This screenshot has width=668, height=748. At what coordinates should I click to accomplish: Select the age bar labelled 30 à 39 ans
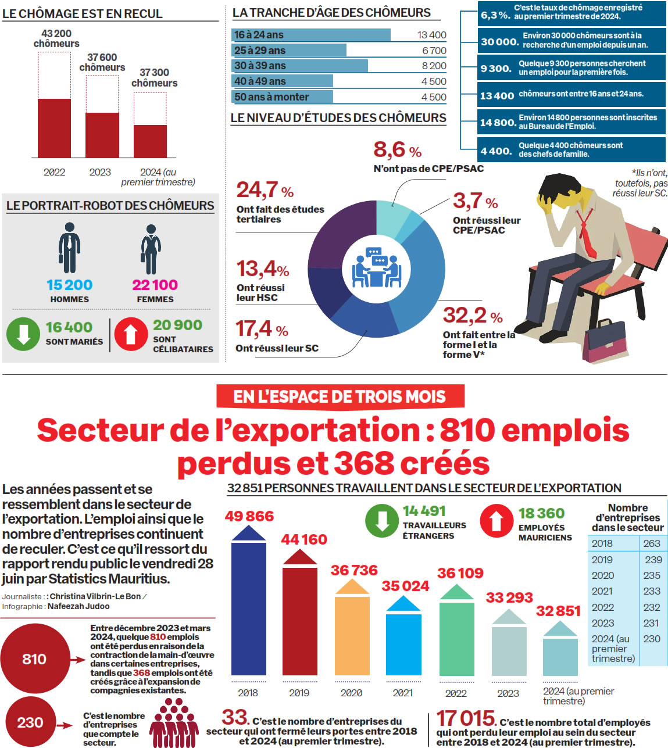(x=300, y=66)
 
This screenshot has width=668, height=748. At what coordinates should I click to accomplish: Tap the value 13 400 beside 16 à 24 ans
(x=431, y=35)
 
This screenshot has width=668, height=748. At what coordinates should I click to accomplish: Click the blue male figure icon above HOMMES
(x=69, y=248)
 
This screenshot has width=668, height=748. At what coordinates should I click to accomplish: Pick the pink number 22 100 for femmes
(x=155, y=285)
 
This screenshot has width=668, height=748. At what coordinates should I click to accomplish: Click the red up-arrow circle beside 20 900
(x=131, y=334)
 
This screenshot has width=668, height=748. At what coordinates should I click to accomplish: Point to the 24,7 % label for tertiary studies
(x=265, y=190)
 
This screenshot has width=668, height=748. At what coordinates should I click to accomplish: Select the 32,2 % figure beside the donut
(x=472, y=316)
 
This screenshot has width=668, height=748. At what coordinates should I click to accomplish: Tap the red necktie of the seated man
(x=586, y=235)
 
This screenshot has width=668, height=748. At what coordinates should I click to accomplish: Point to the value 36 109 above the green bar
(x=460, y=573)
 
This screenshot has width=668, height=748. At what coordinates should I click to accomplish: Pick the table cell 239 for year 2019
(x=653, y=560)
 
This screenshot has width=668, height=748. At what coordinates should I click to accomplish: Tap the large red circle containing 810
(x=34, y=659)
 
